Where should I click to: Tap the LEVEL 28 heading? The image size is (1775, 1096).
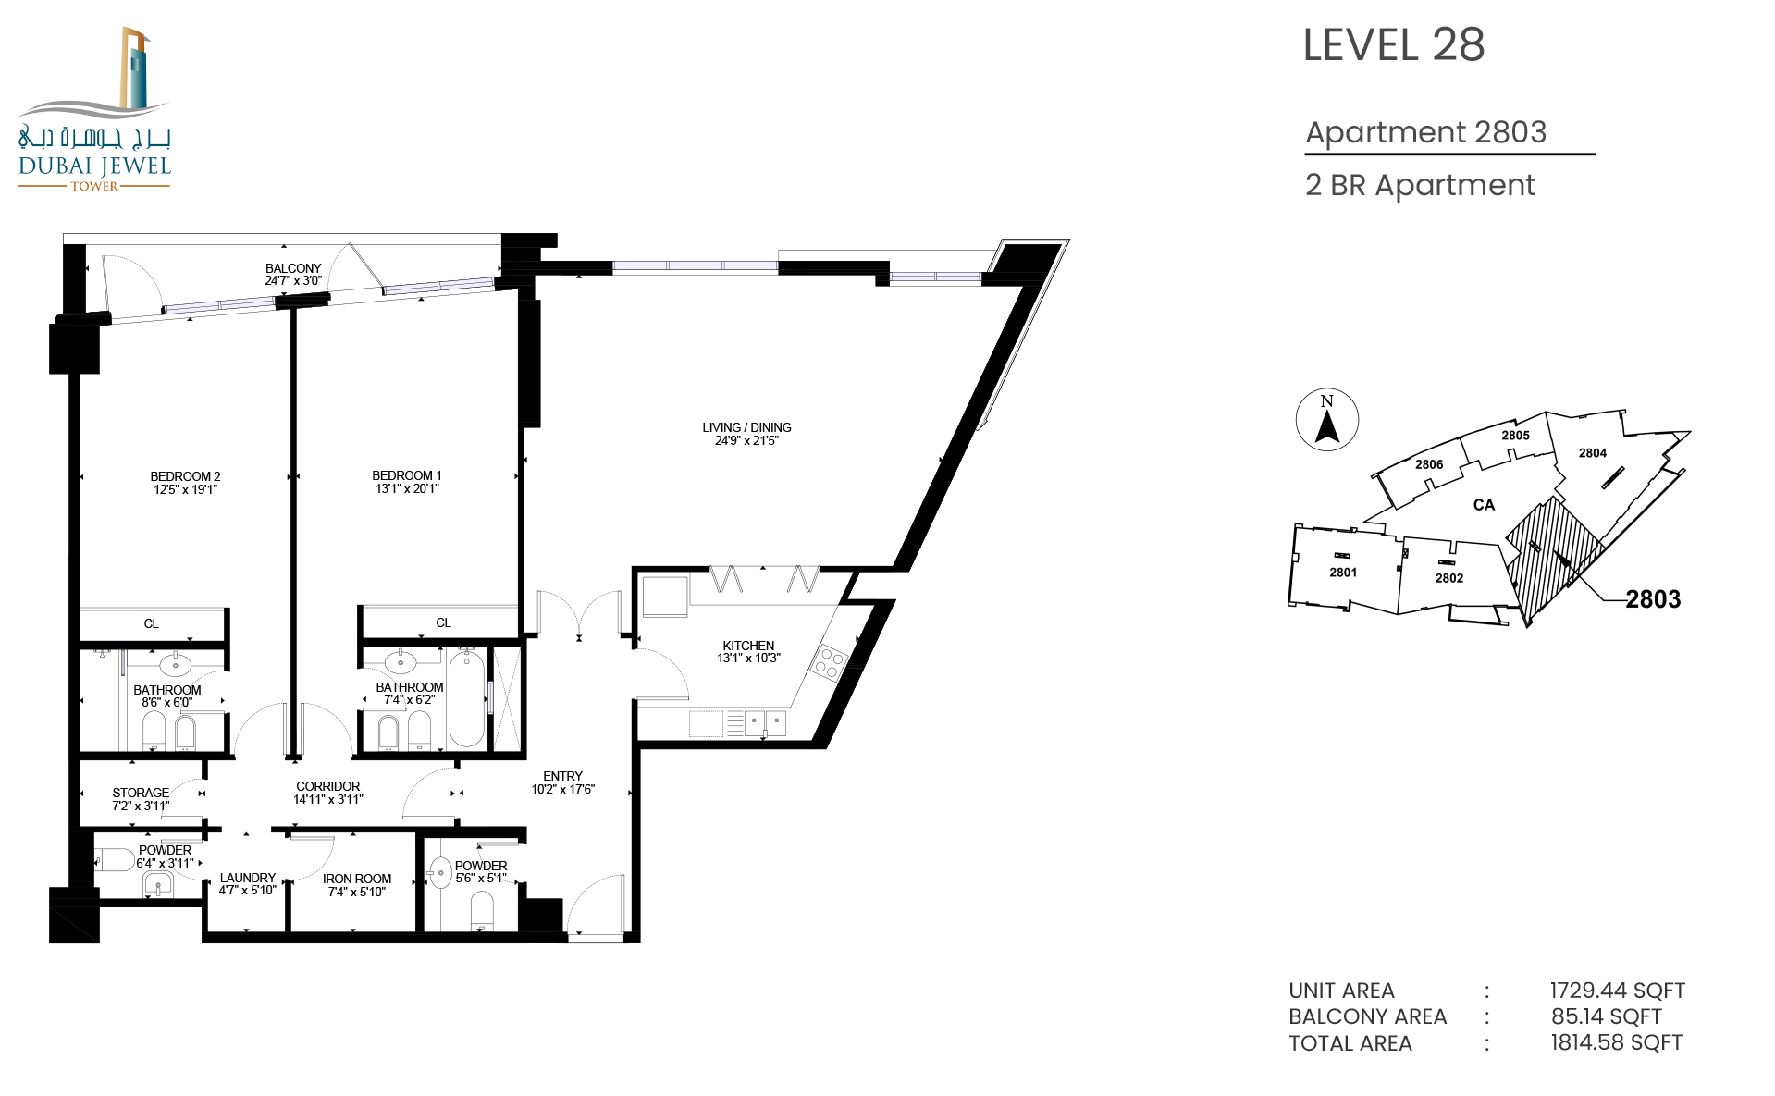coord(1394,45)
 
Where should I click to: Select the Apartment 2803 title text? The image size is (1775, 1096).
coord(1425,132)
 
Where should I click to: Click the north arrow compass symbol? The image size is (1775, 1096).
coord(1327,420)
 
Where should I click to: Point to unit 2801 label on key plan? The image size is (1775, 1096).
coord(1343,573)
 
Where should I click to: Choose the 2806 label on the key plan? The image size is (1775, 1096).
coord(1429,464)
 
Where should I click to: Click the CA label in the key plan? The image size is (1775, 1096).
coord(1484,505)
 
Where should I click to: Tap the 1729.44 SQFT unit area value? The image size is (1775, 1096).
coord(1618,991)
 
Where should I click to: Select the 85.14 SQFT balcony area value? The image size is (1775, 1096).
coord(1607,1016)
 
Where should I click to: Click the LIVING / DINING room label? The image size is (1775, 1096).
coord(746,427)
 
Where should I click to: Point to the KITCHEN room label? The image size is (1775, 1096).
coord(748,646)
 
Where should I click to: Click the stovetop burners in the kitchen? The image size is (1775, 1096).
coord(829,662)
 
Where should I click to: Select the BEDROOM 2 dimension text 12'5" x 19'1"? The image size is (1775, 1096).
coord(185,489)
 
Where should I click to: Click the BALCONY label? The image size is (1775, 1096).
coord(293,268)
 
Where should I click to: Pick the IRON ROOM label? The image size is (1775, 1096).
coord(357,879)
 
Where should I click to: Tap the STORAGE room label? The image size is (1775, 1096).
coord(141,793)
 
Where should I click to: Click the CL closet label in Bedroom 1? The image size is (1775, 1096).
coord(443,622)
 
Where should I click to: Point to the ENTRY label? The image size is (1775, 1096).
coord(562,776)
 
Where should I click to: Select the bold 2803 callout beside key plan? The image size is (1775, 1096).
coord(1653,599)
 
